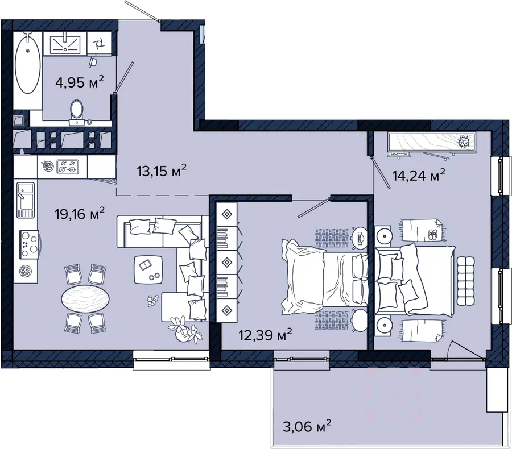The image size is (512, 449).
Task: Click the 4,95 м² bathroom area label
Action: (x=80, y=82)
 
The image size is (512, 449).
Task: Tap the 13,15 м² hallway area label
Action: (x=162, y=171)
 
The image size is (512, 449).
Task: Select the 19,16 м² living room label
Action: (x=80, y=214)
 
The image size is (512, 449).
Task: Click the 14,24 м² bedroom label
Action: (x=419, y=176)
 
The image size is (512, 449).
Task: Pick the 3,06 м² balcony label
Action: (x=307, y=426)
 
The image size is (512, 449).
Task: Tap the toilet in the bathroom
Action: (x=77, y=112)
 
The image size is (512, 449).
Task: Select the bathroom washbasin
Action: (x=65, y=43)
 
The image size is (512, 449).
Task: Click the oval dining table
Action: (x=85, y=298)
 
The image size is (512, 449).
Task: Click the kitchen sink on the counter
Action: (x=26, y=200)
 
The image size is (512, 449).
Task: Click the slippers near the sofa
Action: (x=152, y=301)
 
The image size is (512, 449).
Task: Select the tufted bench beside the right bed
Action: (x=465, y=281)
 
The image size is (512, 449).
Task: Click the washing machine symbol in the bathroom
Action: (x=99, y=43)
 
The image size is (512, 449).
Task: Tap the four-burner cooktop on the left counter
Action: (x=29, y=244)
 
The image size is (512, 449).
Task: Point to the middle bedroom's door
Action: (x=312, y=207)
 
